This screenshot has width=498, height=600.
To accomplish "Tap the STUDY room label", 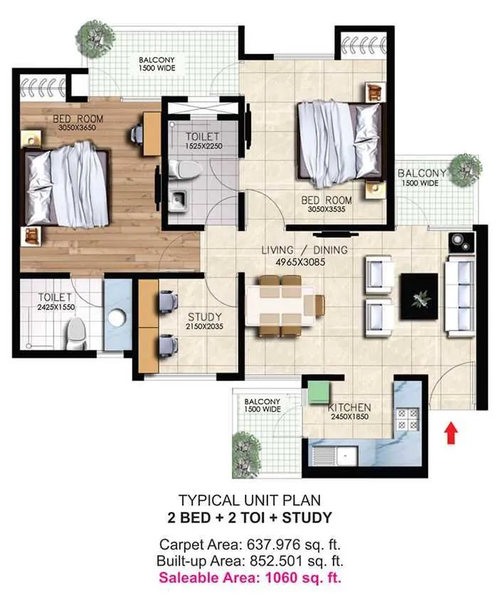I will click(x=204, y=316).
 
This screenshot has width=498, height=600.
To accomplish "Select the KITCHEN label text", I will click(x=349, y=407).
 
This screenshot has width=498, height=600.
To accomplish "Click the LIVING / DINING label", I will click(x=304, y=250).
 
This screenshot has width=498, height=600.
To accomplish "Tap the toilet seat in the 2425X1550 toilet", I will click(x=75, y=333).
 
